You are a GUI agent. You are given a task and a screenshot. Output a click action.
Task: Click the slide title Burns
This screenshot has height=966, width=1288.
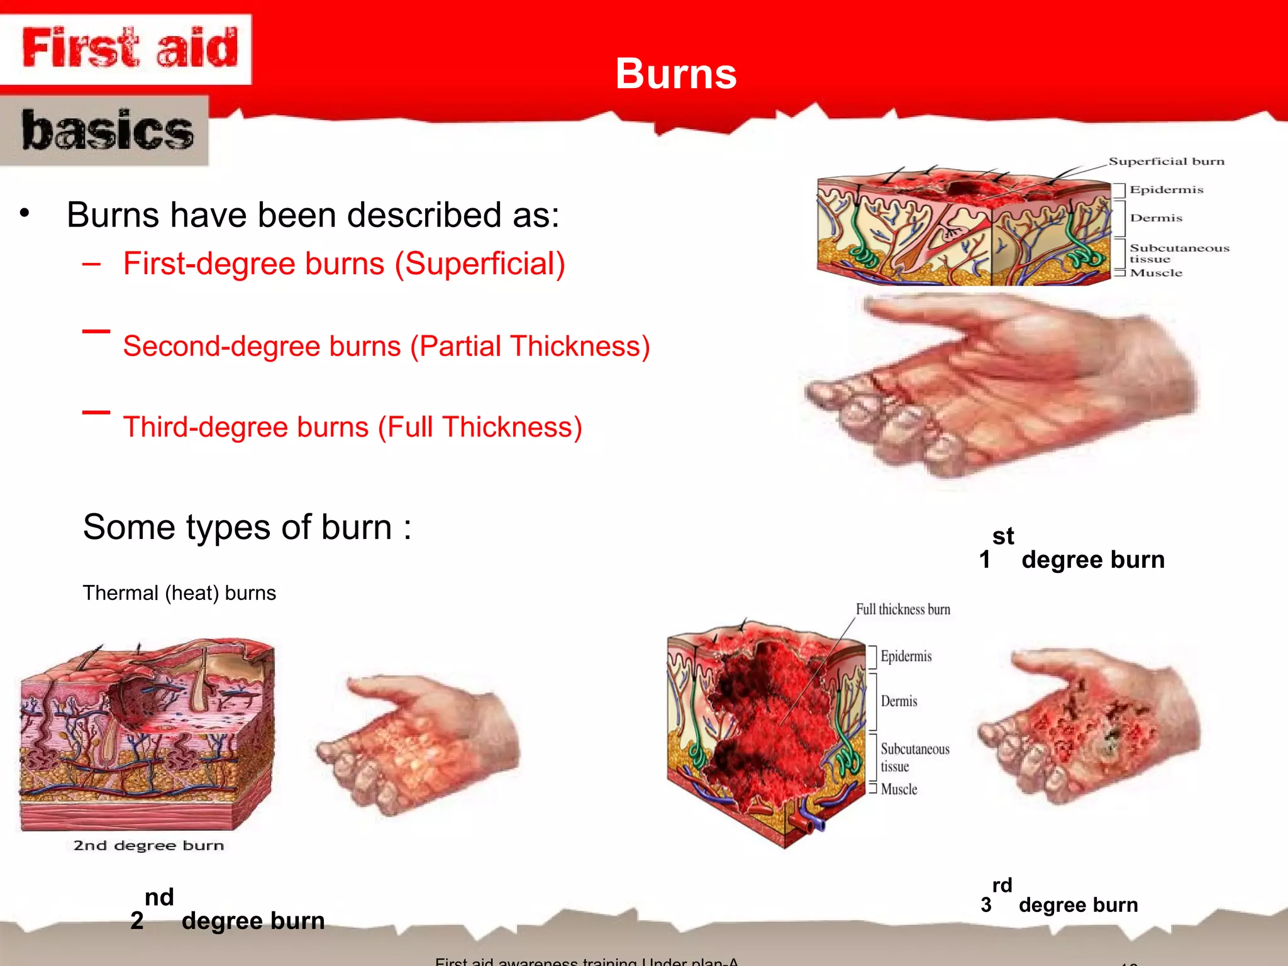pyautogui.click(x=675, y=74)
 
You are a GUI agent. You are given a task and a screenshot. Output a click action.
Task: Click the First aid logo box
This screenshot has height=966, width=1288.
pyautogui.click(x=128, y=48)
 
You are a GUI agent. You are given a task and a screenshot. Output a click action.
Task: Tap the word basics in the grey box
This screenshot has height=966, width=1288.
pyautogui.click(x=107, y=131)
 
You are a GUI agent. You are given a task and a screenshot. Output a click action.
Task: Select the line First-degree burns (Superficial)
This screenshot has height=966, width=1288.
pyautogui.click(x=343, y=264)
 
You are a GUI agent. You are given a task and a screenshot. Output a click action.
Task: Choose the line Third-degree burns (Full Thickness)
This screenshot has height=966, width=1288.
pyautogui.click(x=352, y=427)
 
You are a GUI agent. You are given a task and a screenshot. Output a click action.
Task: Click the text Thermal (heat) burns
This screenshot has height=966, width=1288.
pyautogui.click(x=179, y=593)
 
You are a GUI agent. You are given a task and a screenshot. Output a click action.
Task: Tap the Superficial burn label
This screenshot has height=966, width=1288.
pyautogui.click(x=1166, y=162)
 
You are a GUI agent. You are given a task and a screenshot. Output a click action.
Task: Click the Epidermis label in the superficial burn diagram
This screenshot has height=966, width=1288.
pyautogui.click(x=1166, y=190)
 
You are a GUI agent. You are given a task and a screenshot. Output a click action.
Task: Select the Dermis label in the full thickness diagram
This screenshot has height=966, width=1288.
pyautogui.click(x=899, y=701)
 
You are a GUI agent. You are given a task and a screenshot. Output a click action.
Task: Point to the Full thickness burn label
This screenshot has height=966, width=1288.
pyautogui.click(x=902, y=609)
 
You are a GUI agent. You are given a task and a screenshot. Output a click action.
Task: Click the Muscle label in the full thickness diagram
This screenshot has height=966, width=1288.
pyautogui.click(x=899, y=789)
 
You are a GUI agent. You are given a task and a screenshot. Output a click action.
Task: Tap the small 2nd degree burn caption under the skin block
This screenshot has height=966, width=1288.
pyautogui.click(x=148, y=846)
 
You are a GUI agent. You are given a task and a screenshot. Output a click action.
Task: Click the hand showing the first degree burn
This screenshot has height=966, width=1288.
pyautogui.click(x=1000, y=384)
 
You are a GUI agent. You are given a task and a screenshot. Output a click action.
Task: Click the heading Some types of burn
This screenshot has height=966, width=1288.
pyautogui.click(x=247, y=527)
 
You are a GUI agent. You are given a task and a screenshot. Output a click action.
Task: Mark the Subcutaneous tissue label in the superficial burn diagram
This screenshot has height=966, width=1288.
pyautogui.click(x=1179, y=253)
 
